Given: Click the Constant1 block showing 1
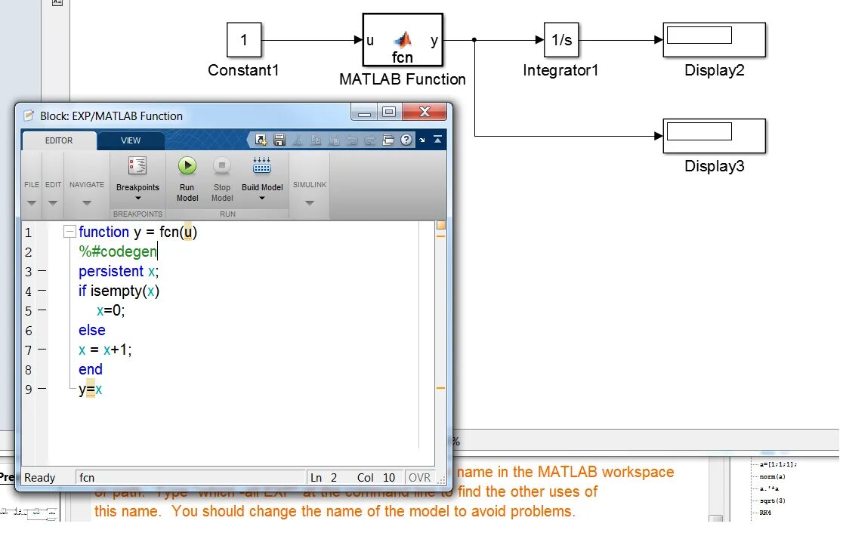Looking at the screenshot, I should [244, 40].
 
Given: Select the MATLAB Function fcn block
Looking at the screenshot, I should [403, 41].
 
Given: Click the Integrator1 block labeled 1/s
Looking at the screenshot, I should [561, 40].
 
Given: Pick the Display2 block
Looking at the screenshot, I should [714, 40].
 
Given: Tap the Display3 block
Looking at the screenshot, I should [714, 136].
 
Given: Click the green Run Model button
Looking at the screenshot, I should [187, 167].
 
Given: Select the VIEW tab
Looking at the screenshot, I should [131, 140].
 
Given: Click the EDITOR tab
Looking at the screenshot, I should [59, 140].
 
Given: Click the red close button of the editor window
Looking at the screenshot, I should [425, 112].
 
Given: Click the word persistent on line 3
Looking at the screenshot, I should [111, 271].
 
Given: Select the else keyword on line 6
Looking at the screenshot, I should [91, 330].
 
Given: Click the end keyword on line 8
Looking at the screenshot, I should [90, 369].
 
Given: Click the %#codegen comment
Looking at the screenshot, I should [117, 251].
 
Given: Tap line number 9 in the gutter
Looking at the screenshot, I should [29, 389].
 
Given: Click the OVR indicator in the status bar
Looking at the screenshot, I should [419, 477].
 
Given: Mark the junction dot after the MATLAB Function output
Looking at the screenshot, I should [474, 41].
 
